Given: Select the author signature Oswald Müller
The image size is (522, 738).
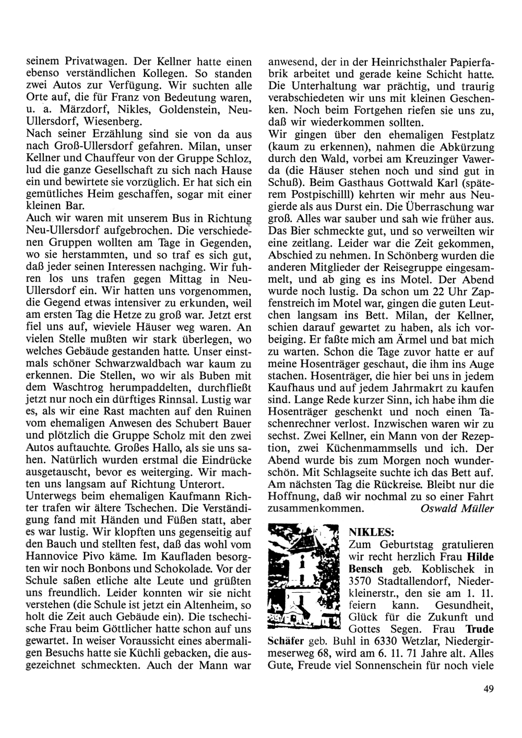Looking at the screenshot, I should (457, 508).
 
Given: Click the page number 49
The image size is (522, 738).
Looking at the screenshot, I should (489, 689).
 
